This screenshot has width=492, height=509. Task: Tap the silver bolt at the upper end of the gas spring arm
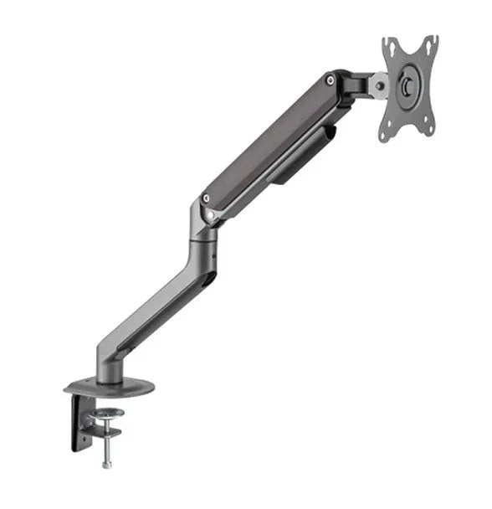[332, 80]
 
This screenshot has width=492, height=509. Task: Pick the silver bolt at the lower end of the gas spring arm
[206, 199]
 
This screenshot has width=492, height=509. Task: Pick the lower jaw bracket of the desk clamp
[105, 433]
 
